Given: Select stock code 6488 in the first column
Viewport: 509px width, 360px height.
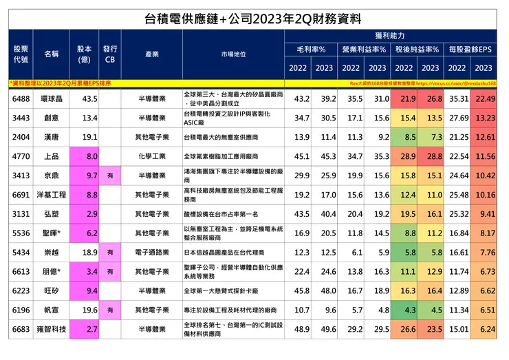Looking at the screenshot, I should pos(21,99).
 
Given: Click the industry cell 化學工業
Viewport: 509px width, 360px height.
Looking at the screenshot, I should pos(151,157).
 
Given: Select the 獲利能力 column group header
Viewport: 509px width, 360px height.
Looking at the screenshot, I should pos(391,34).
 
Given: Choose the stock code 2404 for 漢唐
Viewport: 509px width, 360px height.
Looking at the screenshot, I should pos(21,138).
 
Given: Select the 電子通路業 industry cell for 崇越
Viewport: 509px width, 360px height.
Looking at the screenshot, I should pos(151,253).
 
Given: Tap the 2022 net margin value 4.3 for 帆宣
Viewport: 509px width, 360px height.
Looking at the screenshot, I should pos(404,310).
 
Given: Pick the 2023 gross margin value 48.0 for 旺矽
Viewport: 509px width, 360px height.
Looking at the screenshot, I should pos(324,291).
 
